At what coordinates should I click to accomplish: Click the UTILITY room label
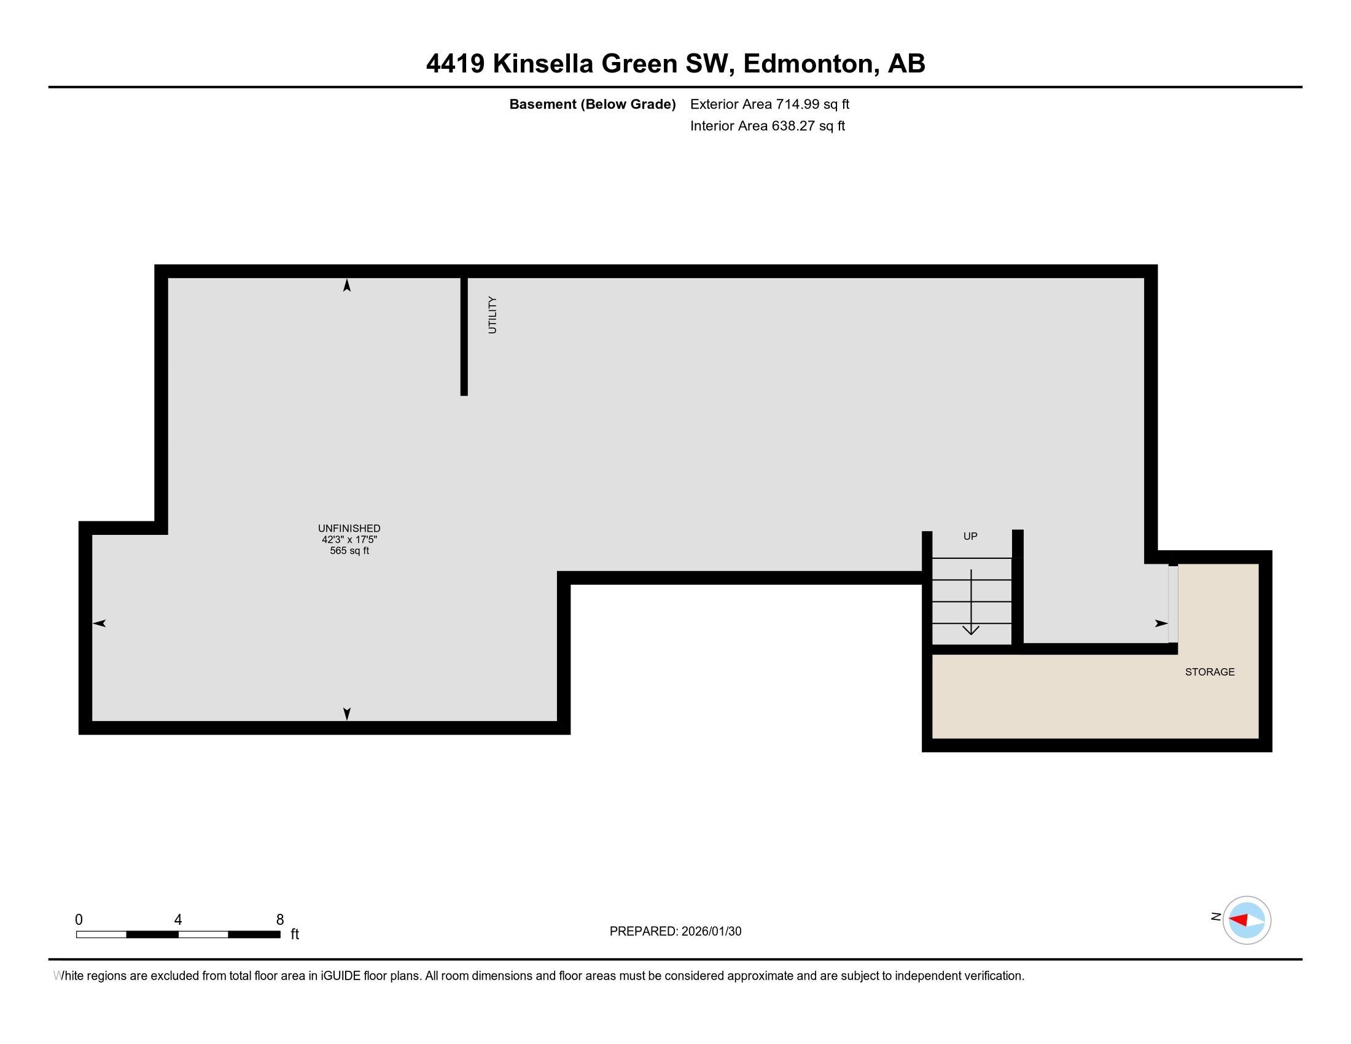pyautogui.click(x=493, y=315)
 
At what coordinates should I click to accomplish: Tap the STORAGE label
pyautogui.click(x=1209, y=672)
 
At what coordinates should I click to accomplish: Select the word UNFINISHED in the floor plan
pyautogui.click(x=349, y=528)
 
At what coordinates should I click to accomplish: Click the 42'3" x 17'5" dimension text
pyautogui.click(x=349, y=539)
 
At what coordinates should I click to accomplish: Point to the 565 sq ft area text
pyautogui.click(x=349, y=550)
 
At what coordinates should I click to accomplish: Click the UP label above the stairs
pyautogui.click(x=970, y=536)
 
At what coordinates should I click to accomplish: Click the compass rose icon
pyautogui.click(x=1247, y=920)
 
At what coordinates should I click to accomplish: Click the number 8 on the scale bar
pyautogui.click(x=279, y=919)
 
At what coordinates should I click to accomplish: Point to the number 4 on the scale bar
pyautogui.click(x=178, y=919)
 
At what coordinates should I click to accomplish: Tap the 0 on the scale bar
pyautogui.click(x=79, y=919)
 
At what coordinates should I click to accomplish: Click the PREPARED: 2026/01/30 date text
pyautogui.click(x=675, y=931)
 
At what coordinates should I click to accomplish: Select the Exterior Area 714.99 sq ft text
pyautogui.click(x=769, y=104)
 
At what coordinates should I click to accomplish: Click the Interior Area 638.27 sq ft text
pyautogui.click(x=767, y=125)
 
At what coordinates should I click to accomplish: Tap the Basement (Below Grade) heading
pyautogui.click(x=592, y=104)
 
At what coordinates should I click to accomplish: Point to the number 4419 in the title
pyautogui.click(x=454, y=64)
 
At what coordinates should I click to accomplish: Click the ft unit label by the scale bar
pyautogui.click(x=295, y=934)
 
